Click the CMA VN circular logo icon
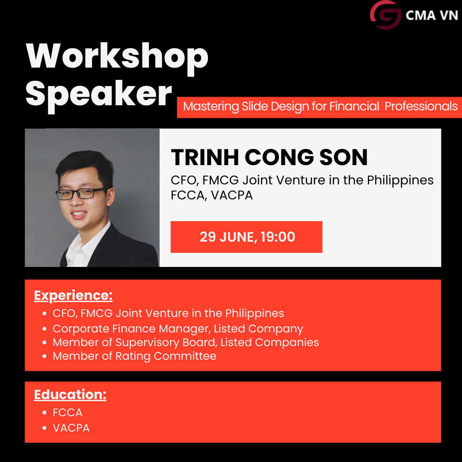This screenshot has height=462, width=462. click(x=385, y=15)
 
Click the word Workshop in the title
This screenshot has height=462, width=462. click(x=117, y=56)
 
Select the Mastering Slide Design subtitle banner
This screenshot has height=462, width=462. click(x=320, y=107)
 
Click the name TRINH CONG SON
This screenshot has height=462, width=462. click(x=269, y=157)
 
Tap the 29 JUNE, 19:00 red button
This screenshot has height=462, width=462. click(x=246, y=237)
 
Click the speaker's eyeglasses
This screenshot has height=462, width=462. click(x=82, y=193)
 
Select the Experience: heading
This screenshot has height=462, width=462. click(x=73, y=296)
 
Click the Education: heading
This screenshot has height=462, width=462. click(x=70, y=394)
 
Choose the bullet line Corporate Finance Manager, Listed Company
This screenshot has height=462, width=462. click(x=178, y=329)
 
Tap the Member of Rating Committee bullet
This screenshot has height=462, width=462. click(x=134, y=356)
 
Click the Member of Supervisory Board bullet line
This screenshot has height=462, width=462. click(x=186, y=342)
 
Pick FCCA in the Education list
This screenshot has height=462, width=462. click(x=68, y=412)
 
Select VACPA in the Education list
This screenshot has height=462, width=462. click(x=71, y=428)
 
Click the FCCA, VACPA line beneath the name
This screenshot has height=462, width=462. click(x=211, y=195)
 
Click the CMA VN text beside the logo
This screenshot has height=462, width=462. click(x=431, y=15)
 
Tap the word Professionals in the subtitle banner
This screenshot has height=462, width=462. click(x=421, y=107)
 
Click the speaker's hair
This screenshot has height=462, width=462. click(x=83, y=165)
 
